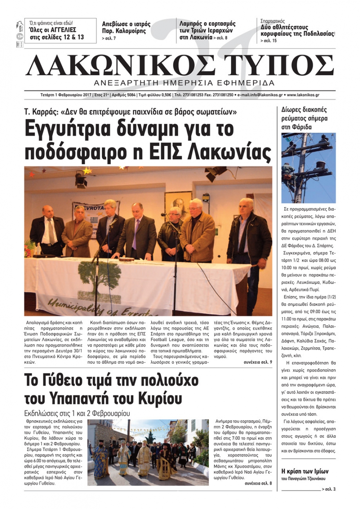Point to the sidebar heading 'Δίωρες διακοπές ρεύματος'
pyautogui.click(x=304, y=118)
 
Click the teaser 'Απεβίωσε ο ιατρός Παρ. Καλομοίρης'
pyautogui.click(x=126, y=27)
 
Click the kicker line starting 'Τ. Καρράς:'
pyautogui.click(x=130, y=112)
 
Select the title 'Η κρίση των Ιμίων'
pyautogui.click(x=305, y=471)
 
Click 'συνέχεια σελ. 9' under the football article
pyautogui.click(x=258, y=362)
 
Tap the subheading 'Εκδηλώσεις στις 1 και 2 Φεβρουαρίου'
pyautogui.click(x=77, y=413)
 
